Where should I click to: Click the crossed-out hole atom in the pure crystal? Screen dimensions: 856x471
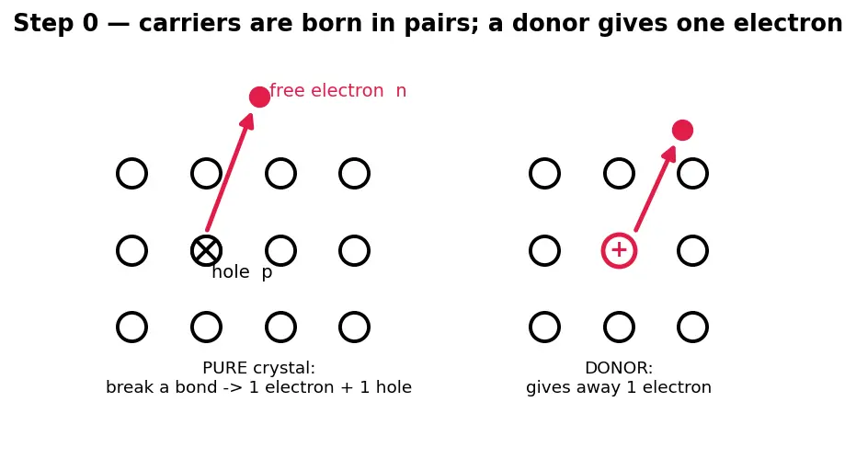tap(206, 251)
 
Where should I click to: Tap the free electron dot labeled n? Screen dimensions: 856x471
tap(259, 97)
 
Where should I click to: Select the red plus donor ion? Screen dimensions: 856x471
tap(619, 251)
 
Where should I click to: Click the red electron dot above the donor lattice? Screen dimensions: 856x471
tap(682, 130)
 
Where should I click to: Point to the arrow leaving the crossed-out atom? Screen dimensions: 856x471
tap(230, 172)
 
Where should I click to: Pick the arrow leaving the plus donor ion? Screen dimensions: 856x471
tap(656, 189)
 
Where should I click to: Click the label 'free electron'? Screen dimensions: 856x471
tap(326, 91)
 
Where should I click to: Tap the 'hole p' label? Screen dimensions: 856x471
tap(242, 272)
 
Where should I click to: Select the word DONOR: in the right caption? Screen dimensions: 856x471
tap(619, 368)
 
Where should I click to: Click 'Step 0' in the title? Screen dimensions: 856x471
tap(55, 24)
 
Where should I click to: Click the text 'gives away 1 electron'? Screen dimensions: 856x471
tap(619, 387)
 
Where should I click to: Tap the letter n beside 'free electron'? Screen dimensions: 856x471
tap(401, 91)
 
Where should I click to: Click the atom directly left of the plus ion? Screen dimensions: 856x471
tap(545, 251)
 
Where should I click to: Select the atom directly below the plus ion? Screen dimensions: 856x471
tap(619, 327)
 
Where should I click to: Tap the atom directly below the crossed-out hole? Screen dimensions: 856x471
tap(206, 327)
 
